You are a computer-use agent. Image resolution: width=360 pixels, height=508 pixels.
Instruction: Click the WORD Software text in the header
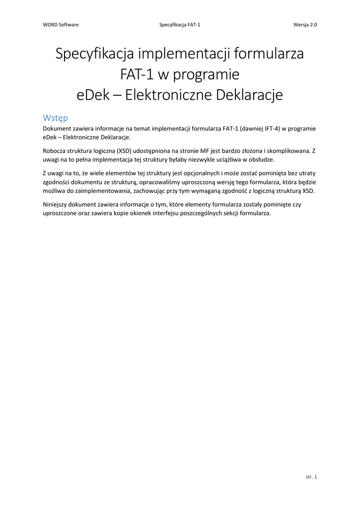(61, 24)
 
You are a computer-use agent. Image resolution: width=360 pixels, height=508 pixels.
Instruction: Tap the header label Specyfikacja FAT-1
(180, 24)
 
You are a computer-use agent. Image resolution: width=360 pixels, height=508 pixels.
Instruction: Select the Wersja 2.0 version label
(305, 24)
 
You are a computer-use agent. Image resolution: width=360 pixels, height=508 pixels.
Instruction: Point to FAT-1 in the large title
(137, 74)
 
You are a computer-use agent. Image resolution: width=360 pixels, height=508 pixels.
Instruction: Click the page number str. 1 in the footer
(311, 477)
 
